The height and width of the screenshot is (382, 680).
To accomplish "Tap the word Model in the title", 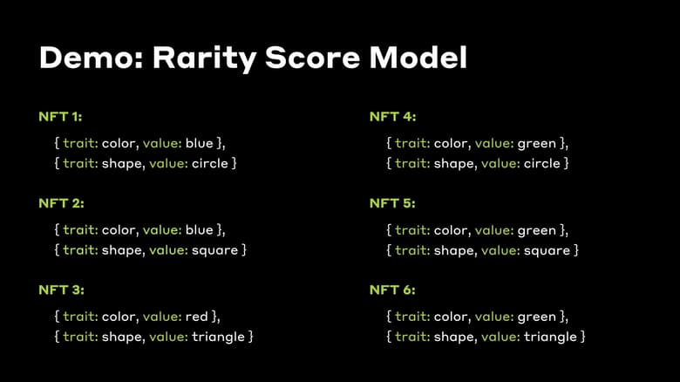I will (418, 58).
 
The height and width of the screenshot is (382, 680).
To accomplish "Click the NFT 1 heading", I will (61, 116).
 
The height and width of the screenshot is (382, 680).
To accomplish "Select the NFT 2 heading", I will (61, 203).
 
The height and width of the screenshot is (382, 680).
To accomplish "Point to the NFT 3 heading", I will (61, 290).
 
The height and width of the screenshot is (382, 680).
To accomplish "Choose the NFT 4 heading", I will (392, 116).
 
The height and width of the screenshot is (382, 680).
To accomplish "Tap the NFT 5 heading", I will (392, 203).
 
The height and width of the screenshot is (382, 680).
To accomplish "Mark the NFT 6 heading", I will (392, 290).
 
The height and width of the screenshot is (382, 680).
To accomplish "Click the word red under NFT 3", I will (196, 317).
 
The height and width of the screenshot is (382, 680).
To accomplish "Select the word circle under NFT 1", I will (208, 163).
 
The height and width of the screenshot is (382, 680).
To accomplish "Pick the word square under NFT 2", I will (213, 250).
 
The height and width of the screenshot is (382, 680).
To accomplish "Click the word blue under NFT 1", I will (199, 143).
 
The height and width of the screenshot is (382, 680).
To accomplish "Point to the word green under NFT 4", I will (536, 143).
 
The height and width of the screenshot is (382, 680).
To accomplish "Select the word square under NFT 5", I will (544, 250).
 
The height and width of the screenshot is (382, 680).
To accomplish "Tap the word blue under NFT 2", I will (199, 230).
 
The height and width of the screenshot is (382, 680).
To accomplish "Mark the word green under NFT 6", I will (536, 317).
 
